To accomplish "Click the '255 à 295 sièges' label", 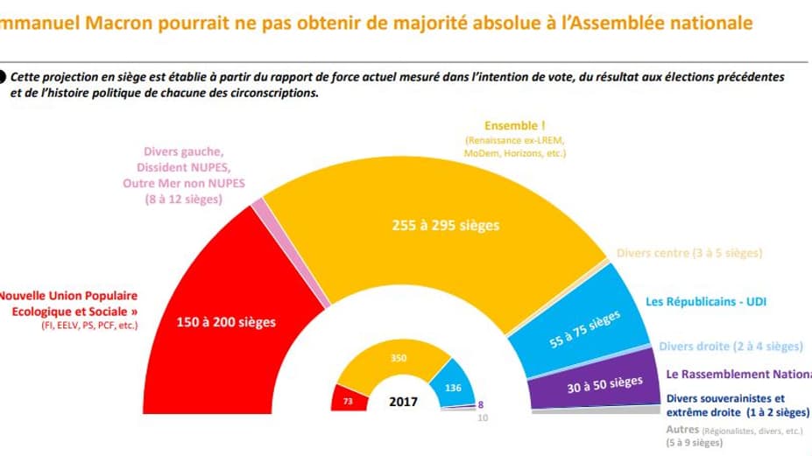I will [x=446, y=225].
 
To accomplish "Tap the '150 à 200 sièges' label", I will [x=226, y=322].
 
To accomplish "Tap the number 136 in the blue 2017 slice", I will [x=453, y=389].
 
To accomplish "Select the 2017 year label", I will [x=403, y=403].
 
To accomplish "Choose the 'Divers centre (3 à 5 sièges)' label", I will [x=688, y=253].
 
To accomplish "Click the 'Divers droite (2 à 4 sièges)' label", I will [x=730, y=347].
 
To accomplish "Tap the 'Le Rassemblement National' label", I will [x=739, y=375].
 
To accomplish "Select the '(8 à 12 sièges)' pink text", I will [x=183, y=200].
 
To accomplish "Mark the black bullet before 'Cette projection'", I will [x=4, y=77].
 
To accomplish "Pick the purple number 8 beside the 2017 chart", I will [x=481, y=405].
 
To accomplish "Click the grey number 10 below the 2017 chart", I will [x=482, y=417].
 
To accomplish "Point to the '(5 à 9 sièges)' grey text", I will [x=694, y=443].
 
